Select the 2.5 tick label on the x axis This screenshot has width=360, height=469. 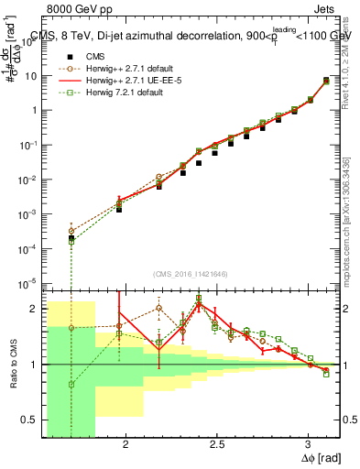pyautogui.click(x=216, y=442)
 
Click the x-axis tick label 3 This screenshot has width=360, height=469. pyautogui.click(x=309, y=442)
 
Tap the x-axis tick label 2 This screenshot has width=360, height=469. pyautogui.click(x=125, y=442)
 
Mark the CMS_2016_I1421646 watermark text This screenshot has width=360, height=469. pyautogui.click(x=191, y=274)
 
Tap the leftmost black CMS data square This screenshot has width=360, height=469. pyautogui.click(x=71, y=238)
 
